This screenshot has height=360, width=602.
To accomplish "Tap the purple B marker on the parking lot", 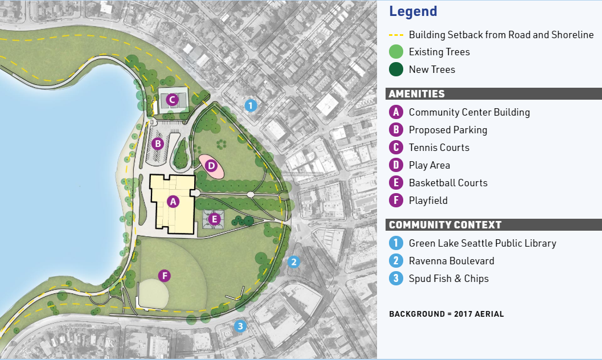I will point(158,144).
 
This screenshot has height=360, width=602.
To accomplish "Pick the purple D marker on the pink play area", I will point(211,166).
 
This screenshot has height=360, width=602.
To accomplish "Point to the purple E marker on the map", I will point(215,218).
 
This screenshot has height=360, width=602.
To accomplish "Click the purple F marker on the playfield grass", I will point(165,276).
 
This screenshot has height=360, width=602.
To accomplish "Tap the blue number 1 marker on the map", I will point(251,105).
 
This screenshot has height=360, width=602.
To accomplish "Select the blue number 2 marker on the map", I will point(293,262).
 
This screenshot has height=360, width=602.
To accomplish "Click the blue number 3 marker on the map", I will point(240,326).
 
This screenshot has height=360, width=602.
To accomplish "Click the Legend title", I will point(413,11).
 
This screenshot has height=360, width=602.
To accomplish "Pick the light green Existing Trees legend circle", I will point(396,52).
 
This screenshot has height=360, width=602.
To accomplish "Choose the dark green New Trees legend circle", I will point(396,69).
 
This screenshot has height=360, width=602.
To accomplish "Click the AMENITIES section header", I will point(417,94).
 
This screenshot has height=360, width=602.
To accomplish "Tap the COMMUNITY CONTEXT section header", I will point(445,225).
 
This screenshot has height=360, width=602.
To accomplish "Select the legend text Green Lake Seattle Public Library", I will point(482,243).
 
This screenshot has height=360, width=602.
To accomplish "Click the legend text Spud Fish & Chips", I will point(448,279).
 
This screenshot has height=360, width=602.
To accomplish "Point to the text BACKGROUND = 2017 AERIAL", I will point(446,314).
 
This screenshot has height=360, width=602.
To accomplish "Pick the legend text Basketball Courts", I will point(448,183).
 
